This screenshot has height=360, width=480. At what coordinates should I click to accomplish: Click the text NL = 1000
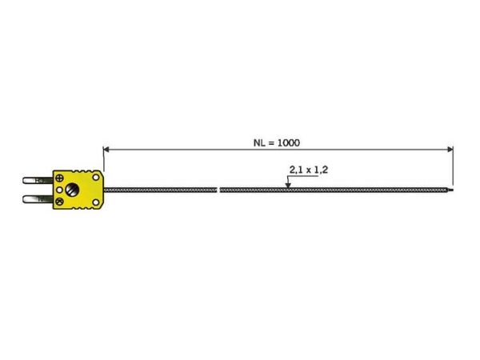[x=277, y=142]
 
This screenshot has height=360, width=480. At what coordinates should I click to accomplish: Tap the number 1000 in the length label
[x=288, y=142]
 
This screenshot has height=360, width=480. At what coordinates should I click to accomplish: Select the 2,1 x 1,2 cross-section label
[x=309, y=170]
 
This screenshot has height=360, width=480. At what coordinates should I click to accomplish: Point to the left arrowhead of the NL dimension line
[x=106, y=150]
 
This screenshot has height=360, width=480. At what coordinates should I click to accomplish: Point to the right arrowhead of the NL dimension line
[x=450, y=150]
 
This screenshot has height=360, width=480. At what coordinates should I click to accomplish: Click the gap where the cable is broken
[x=218, y=190]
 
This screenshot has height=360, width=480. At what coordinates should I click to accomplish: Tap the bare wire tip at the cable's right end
[x=450, y=190]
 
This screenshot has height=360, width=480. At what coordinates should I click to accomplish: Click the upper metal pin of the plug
[x=38, y=180]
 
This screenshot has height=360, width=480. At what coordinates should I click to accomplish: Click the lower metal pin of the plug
[x=38, y=199]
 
